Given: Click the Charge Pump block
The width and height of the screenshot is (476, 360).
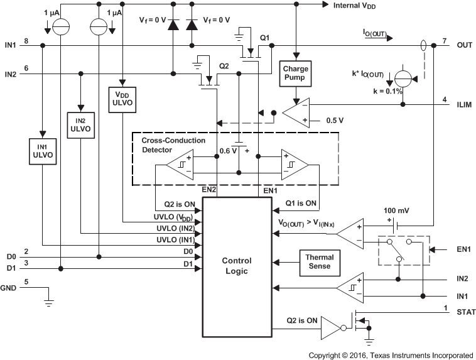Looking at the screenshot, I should click(294, 73).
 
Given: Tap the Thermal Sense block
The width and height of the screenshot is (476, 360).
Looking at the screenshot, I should click(320, 261).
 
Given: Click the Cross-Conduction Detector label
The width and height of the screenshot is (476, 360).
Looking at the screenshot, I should click(173, 145).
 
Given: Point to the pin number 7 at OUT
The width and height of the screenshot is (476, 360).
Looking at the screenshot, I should click(444, 41).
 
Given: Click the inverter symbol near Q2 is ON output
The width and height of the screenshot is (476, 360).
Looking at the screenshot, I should click(332, 326).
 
